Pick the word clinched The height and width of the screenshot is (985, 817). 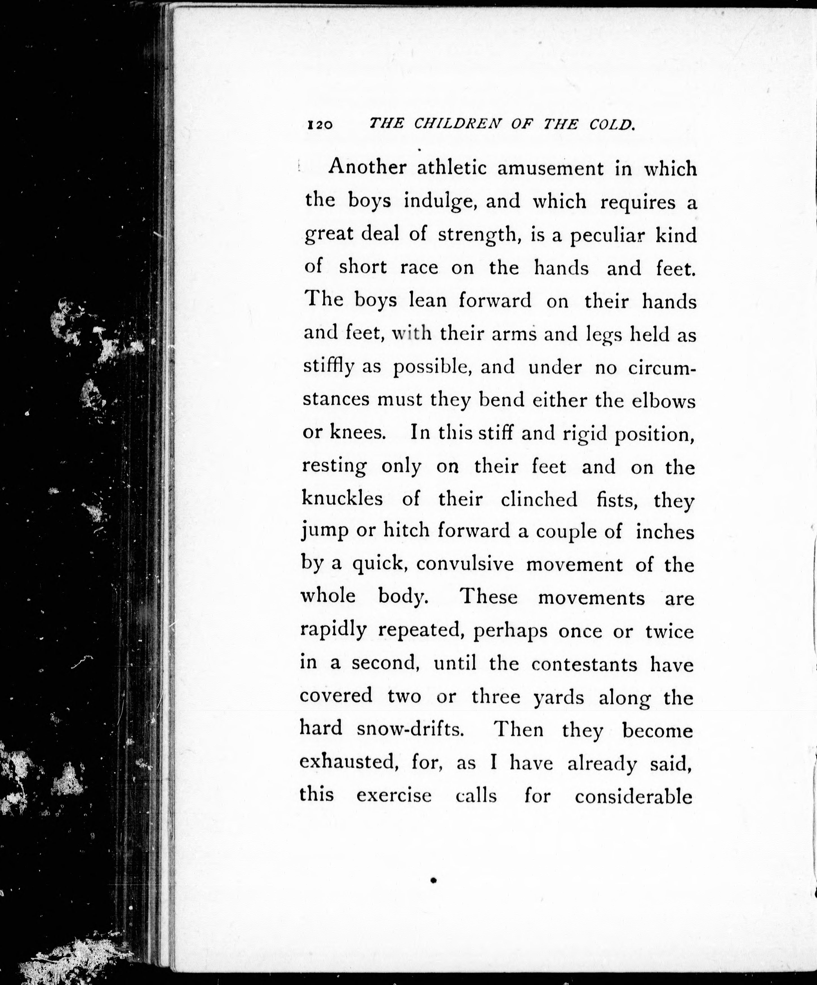point(539,499)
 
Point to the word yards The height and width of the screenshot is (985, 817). point(559,698)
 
